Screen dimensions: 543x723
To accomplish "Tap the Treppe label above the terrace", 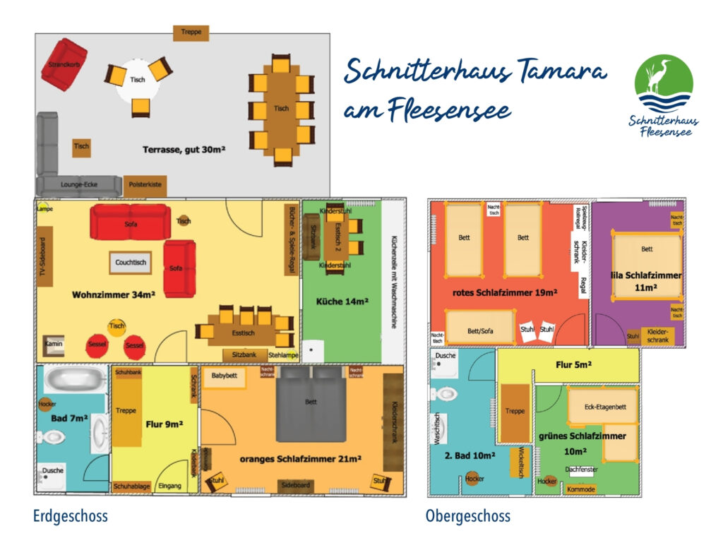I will coord(191,32).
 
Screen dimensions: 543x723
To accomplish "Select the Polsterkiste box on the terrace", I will coord(145,185).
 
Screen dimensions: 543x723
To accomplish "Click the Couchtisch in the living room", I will coord(131,263).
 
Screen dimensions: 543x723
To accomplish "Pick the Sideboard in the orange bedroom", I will coord(295,486).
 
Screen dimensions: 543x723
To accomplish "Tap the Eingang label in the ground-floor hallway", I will coord(169,486).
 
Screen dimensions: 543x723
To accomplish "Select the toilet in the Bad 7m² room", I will coord(52,438).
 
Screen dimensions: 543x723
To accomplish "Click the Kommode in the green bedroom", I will coord(581,489).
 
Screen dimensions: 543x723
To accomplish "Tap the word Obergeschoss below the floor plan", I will coord(467,517).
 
